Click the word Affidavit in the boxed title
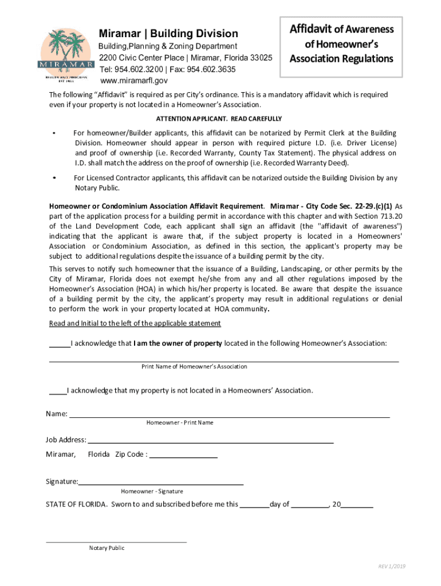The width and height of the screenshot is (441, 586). point(311,29)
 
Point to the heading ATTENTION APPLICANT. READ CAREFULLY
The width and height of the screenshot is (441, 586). point(219,118)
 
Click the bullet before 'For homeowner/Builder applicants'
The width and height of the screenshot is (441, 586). point(53,133)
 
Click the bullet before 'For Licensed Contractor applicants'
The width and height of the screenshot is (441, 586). point(53,178)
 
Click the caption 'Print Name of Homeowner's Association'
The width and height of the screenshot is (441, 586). point(194,366)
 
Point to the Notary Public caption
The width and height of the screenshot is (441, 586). point(107,548)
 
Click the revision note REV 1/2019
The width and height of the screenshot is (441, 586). point(391,567)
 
